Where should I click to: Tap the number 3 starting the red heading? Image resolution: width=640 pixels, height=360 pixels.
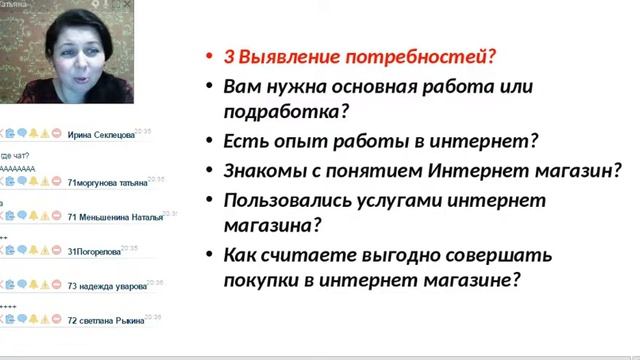(229, 57)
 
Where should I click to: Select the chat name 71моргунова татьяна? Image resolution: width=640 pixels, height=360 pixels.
(107, 183)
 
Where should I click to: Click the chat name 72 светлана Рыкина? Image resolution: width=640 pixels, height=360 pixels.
(105, 320)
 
